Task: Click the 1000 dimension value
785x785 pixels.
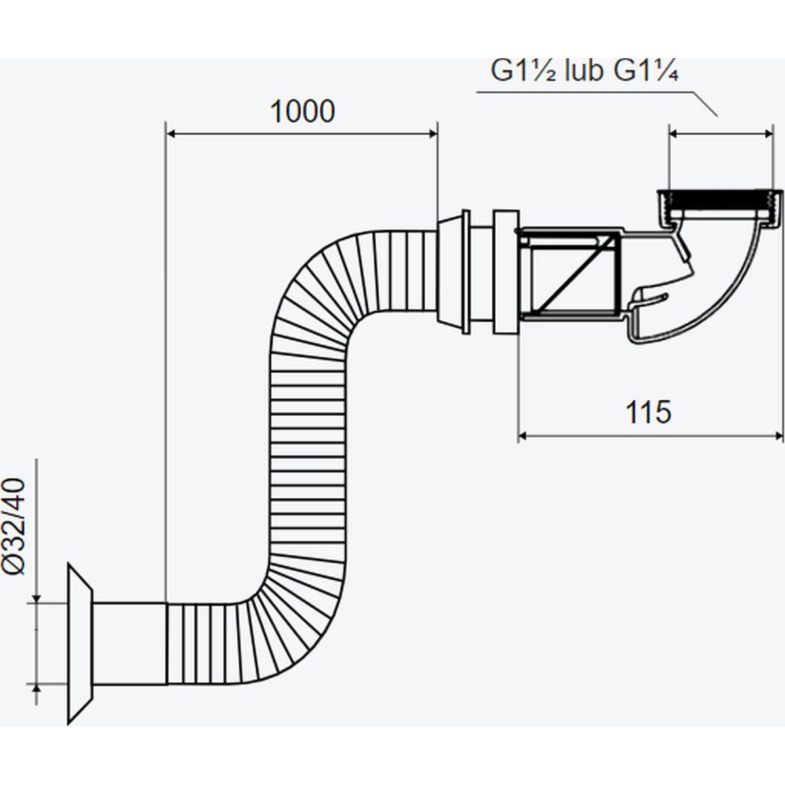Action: tap(302, 112)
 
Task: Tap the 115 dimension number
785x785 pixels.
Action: tap(648, 412)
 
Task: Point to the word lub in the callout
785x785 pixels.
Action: tap(584, 71)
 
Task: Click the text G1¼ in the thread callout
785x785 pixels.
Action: tap(645, 71)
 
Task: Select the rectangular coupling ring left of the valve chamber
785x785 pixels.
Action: tap(505, 272)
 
